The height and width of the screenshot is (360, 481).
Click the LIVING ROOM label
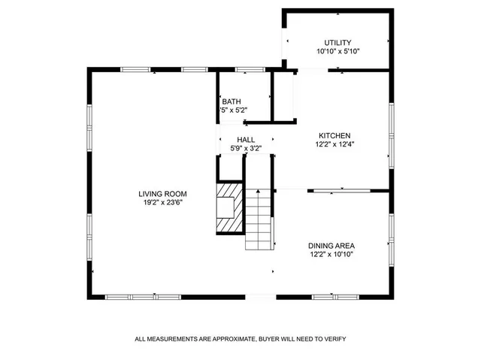(x=162, y=194)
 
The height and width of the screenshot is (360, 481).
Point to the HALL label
(x=246, y=140)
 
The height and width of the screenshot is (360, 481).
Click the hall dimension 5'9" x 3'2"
(x=246, y=149)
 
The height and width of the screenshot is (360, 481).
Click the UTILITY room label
(x=338, y=42)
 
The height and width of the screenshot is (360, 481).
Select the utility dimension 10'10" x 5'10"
(x=338, y=51)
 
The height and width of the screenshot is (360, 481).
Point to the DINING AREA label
(x=331, y=246)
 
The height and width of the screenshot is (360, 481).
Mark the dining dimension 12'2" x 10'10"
(x=331, y=255)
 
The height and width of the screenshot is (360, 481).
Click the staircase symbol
(x=259, y=219)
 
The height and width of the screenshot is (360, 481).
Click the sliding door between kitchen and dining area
(x=342, y=191)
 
